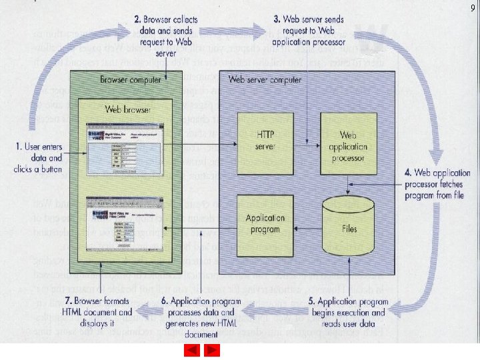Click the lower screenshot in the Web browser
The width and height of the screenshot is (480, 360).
click(124, 223)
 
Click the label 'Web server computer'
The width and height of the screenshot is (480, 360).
click(265, 80)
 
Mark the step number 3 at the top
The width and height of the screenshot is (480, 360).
click(277, 19)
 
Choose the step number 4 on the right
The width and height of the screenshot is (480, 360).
click(408, 173)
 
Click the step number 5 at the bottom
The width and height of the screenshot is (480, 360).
click(312, 301)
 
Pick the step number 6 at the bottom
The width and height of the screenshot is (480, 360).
click(164, 301)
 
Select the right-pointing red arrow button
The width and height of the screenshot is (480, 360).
click(212, 350)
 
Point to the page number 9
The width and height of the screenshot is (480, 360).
click(472, 8)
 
